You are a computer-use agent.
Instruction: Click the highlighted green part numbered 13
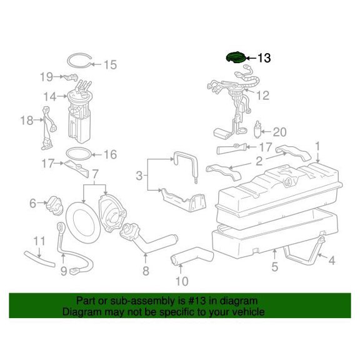pyautogui.click(x=236, y=57)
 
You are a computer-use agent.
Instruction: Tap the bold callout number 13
pyautogui.click(x=264, y=58)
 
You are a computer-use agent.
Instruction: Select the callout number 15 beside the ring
pyautogui.click(x=111, y=65)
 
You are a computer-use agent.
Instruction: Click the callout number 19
pyautogui.click(x=47, y=77)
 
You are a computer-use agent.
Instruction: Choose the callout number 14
pyautogui.click(x=50, y=96)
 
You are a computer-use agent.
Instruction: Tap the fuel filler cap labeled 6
pyautogui.click(x=54, y=206)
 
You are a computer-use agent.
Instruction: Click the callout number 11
pyautogui.click(x=39, y=241)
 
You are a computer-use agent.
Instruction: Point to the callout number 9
pyautogui.click(x=64, y=271)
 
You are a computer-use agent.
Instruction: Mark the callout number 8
pyautogui.click(x=146, y=271)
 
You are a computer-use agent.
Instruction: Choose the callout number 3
pyautogui.click(x=139, y=176)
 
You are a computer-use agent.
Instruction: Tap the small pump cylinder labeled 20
pyautogui.click(x=258, y=129)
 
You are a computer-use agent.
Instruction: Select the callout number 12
pyautogui.click(x=263, y=95)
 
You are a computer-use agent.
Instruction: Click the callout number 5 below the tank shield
pyautogui.click(x=274, y=266)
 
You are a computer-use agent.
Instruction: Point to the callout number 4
pyautogui.click(x=332, y=261)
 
